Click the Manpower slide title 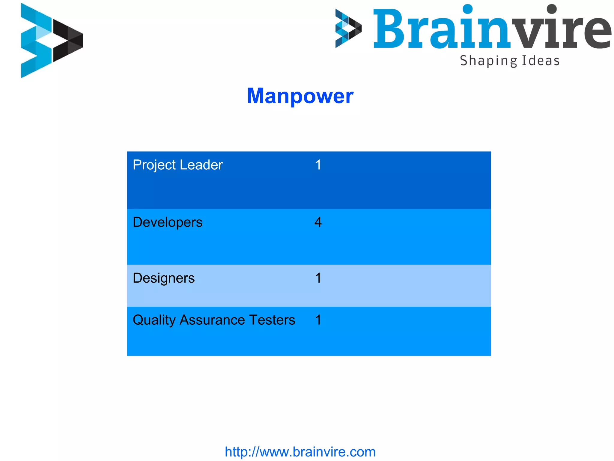(x=300, y=96)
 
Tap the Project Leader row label (x=177, y=165)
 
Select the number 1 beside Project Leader (x=318, y=165)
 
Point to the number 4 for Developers (x=318, y=222)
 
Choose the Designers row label (x=163, y=278)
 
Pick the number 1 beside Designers (x=318, y=278)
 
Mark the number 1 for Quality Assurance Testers (x=318, y=320)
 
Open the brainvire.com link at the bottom (x=300, y=452)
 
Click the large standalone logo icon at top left (x=52, y=41)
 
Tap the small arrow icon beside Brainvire (x=348, y=29)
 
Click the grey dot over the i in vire (x=551, y=9)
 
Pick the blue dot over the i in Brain (x=467, y=9)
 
